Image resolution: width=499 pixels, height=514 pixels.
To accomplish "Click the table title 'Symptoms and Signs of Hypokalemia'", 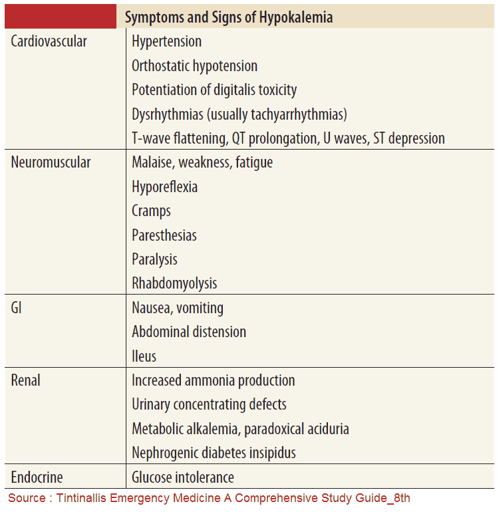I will [x=228, y=17].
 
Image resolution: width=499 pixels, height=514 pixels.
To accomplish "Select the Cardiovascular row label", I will [x=49, y=41].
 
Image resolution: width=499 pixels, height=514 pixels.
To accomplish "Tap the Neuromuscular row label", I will [x=51, y=162].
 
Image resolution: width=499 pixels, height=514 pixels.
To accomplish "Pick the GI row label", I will [x=17, y=308].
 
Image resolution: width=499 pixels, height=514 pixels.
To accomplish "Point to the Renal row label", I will [x=26, y=380].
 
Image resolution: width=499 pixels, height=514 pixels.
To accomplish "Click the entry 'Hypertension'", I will [x=166, y=41].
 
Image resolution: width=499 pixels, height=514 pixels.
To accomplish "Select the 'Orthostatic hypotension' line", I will [x=194, y=66].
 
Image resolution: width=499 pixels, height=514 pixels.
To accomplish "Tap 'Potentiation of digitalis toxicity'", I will [x=214, y=90].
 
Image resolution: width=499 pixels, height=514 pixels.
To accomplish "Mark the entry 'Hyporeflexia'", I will [x=164, y=187].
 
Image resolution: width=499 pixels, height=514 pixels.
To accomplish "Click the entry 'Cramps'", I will [x=151, y=211].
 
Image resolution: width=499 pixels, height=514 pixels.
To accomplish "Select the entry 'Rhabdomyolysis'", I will [x=174, y=283].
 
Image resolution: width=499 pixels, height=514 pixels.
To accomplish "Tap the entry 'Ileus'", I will [x=144, y=356].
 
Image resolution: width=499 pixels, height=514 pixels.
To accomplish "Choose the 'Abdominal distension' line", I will [x=189, y=332].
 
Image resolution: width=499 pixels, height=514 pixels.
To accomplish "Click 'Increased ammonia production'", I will [x=213, y=380].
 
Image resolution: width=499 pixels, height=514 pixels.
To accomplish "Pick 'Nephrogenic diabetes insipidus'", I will [x=214, y=453].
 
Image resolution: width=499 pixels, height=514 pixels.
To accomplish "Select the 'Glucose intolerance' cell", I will [x=183, y=477].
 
